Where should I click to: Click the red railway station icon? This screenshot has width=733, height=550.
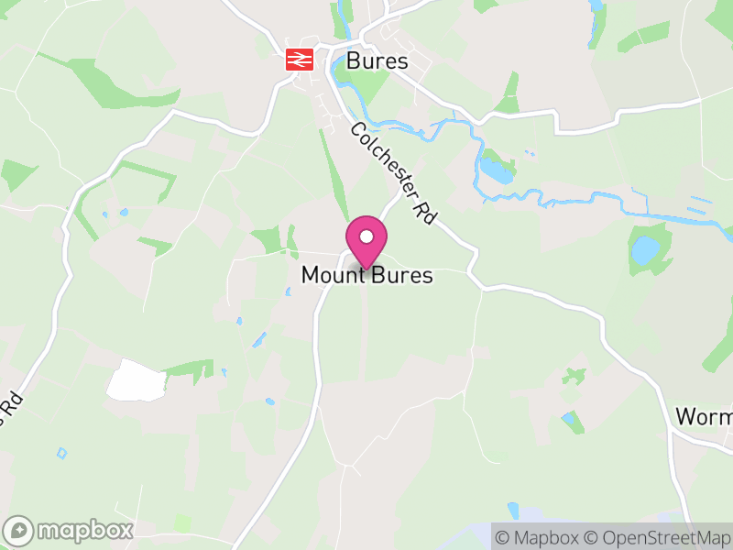[300, 60]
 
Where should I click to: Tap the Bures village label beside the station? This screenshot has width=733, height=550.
[377, 61]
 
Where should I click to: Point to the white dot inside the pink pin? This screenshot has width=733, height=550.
[366, 236]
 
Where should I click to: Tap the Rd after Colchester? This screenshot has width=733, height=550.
[423, 211]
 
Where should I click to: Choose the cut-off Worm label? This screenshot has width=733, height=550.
[704, 416]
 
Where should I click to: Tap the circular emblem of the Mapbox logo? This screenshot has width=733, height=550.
[20, 531]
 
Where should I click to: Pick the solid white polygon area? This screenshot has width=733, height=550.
[137, 379]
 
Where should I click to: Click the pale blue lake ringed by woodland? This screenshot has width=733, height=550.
[645, 249]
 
